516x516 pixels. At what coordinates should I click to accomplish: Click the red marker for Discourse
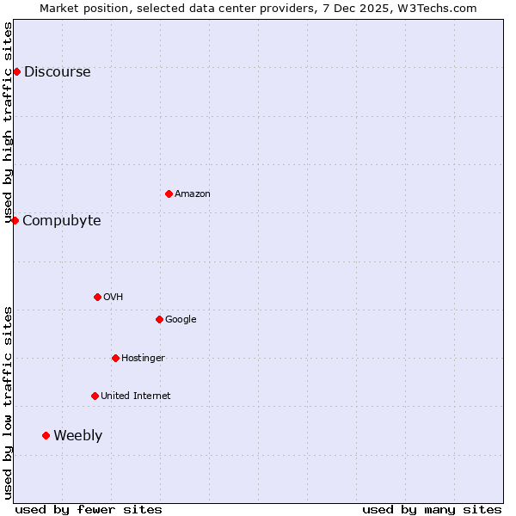(16, 71)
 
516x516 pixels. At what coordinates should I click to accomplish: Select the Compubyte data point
(15, 220)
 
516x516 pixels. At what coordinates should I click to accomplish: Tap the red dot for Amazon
(169, 193)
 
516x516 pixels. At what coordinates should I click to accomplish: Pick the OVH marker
(97, 297)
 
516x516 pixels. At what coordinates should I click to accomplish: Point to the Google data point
(159, 319)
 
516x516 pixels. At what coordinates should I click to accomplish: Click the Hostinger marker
(115, 358)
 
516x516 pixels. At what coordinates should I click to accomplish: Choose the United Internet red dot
(95, 396)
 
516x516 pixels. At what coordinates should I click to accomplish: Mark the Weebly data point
(46, 435)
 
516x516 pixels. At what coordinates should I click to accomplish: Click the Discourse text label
(57, 72)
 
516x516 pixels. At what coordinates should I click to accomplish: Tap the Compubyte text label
(61, 221)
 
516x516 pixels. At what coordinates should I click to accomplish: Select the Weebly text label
(77, 436)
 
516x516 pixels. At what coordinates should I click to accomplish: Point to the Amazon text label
(192, 194)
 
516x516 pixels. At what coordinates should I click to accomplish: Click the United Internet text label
(135, 396)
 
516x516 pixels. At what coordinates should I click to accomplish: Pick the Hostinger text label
(143, 359)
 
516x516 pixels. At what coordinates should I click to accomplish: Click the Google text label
(181, 320)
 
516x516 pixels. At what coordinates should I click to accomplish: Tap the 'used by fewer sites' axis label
(89, 509)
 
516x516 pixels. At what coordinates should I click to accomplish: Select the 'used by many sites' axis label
(432, 509)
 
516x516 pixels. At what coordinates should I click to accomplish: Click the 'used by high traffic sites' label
(9, 123)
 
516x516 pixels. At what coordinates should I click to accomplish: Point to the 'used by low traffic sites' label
(9, 402)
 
